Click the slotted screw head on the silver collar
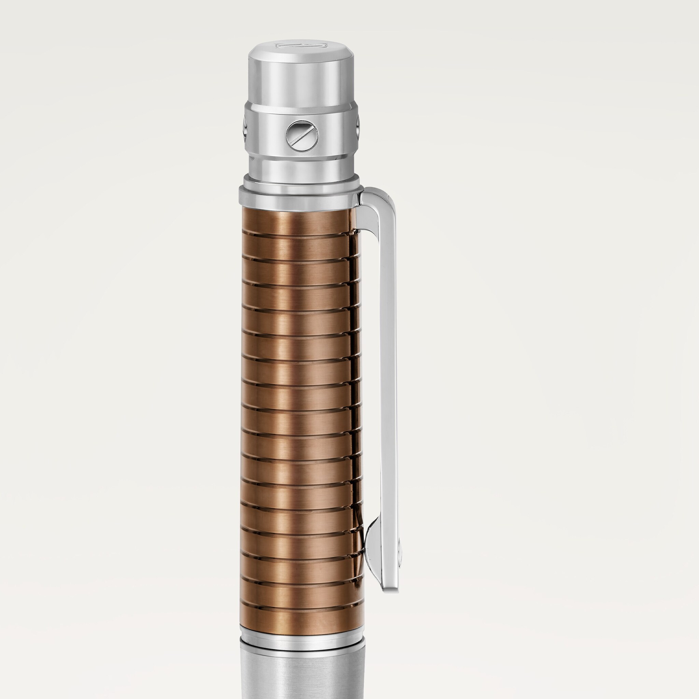302,136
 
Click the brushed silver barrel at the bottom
302,673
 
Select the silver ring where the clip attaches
300,197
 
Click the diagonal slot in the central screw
302,136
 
